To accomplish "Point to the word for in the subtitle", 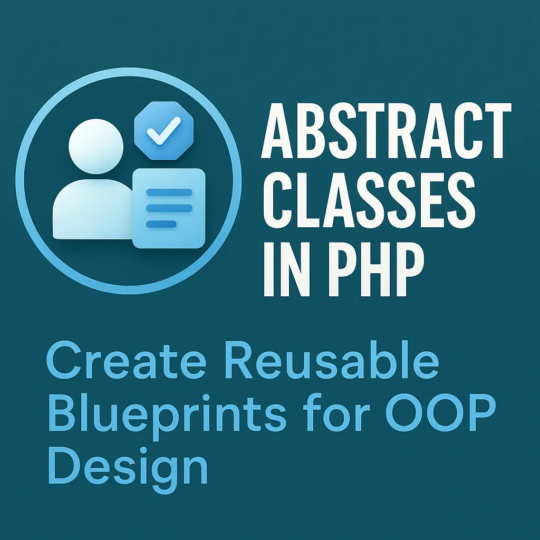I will tap(330, 415).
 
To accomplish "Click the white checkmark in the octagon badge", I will tap(164, 129).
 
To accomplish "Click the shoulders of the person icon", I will tap(90, 208).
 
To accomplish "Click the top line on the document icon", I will tap(168, 192).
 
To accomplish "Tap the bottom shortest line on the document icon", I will tap(161, 224).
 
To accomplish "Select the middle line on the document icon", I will tap(168, 208).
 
